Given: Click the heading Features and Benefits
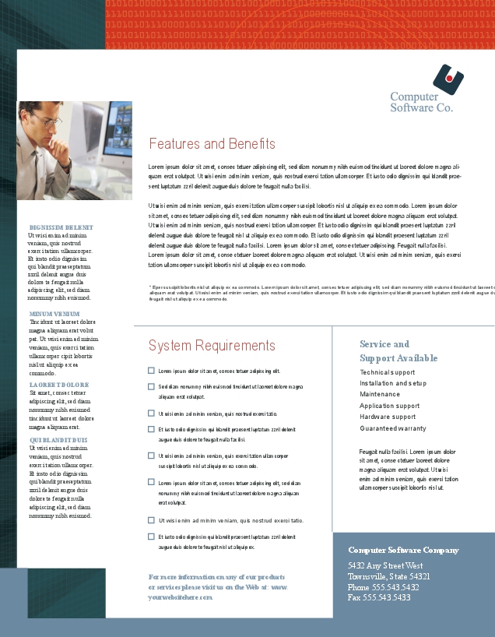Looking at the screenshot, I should coord(212,144).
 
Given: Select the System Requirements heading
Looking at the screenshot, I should coord(212,346).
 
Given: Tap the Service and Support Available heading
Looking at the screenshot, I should coord(398,351).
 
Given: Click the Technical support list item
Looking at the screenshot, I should coord(388,372).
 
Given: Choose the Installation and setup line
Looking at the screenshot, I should coord(393,383).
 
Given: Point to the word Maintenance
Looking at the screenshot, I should coord(380,394).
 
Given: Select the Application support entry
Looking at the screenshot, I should coord(389,406).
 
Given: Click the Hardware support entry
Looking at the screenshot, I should coord(388,417).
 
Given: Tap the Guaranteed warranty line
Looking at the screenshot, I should coord(393,428).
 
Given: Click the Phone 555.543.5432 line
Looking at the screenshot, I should coord(383,587).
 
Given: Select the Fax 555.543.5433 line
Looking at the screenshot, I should coord(379,597).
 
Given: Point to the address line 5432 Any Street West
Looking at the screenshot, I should coord(385,565).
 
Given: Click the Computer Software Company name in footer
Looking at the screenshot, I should coord(403,550).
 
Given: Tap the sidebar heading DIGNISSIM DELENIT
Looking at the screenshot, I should coord(61,227).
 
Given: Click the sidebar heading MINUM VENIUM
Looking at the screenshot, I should coord(54,314).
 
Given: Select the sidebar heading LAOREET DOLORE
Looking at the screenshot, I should coord(59,385).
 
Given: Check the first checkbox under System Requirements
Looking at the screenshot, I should coord(151,371).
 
